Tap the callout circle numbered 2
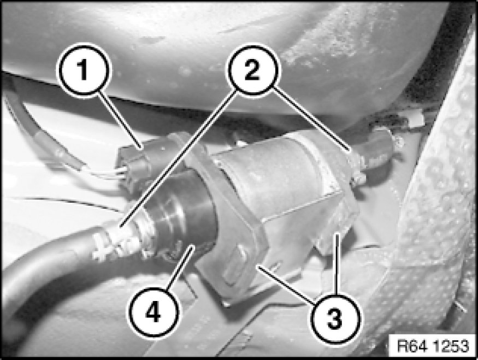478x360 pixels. tap(252, 70)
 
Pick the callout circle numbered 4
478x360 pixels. tap(154, 311)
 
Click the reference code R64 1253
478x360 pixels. tap(433, 346)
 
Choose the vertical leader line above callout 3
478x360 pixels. tap(337, 264)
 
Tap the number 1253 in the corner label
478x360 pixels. tap(451, 346)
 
